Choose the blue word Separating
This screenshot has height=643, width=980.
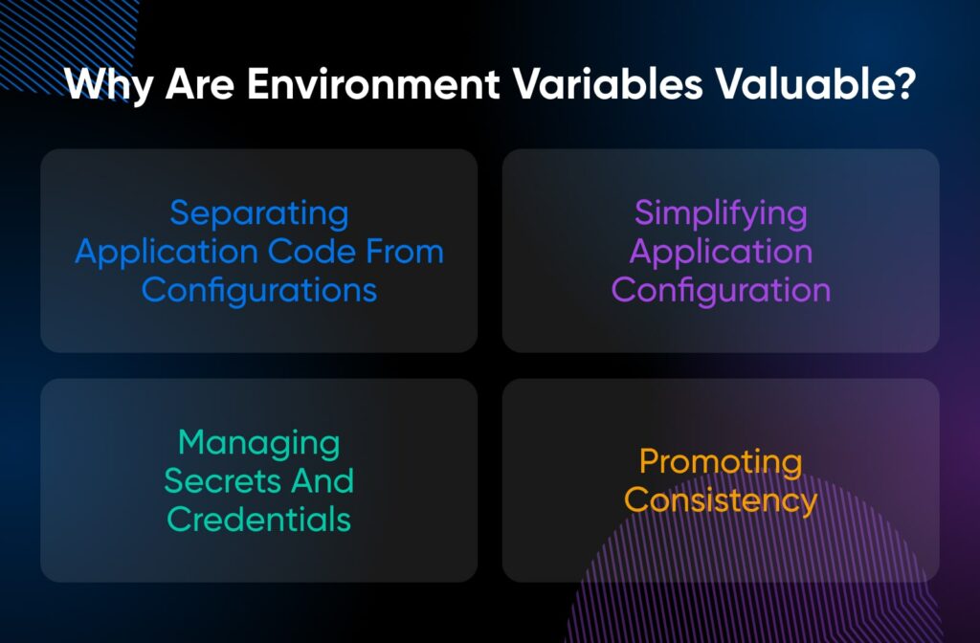[x=259, y=213]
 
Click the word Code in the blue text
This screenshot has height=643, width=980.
[x=321, y=252]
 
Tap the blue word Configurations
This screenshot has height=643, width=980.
[x=259, y=290]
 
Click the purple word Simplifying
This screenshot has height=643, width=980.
[x=721, y=213]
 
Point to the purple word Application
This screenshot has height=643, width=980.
[x=721, y=253]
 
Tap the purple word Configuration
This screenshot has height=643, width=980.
[x=721, y=290]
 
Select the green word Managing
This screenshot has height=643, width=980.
[x=259, y=444]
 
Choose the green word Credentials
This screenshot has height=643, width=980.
[x=259, y=519]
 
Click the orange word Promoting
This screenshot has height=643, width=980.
[x=721, y=462]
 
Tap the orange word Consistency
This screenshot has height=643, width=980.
[x=721, y=500]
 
